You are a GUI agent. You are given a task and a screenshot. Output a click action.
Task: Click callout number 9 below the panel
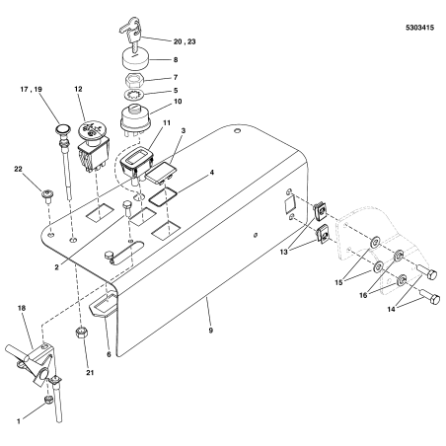coord(208,306)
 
